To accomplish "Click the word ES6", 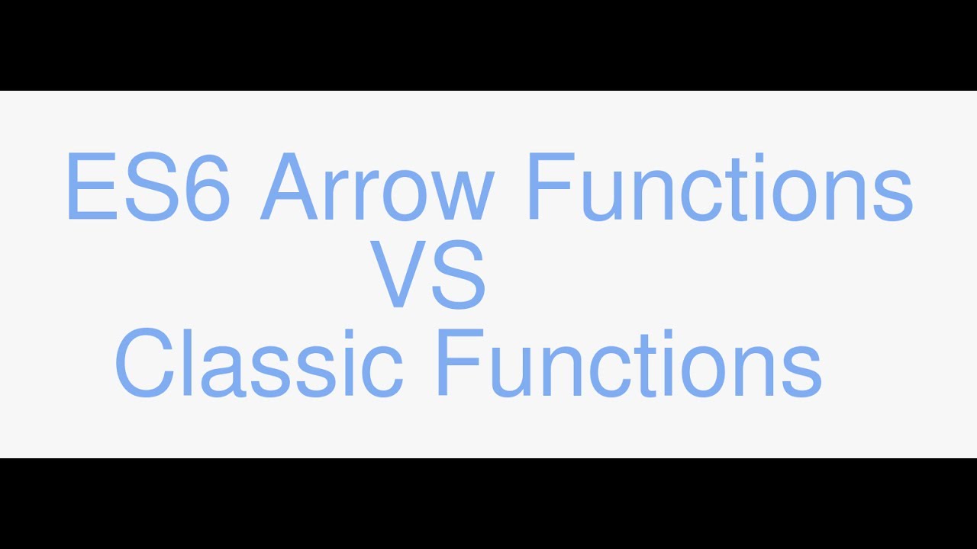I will (147, 187).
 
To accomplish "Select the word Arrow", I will (378, 187).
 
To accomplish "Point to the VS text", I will (428, 274).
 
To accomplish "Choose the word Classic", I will (259, 363).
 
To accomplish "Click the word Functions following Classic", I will (628, 363).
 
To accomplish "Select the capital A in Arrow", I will (291, 187).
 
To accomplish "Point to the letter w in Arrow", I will (465, 197).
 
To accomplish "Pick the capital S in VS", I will (459, 274).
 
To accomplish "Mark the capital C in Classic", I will (145, 364).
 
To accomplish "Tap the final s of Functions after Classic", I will (801, 373).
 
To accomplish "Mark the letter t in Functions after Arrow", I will (753, 191).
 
